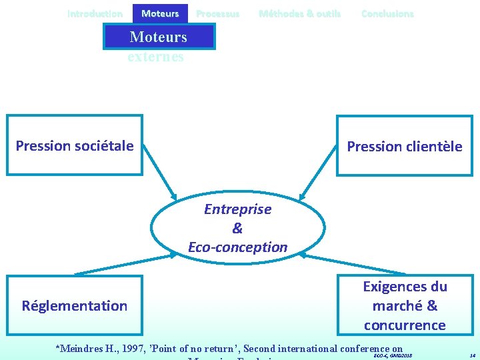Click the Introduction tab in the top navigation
(95, 13)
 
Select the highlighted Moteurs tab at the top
(160, 13)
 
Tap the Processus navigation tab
(217, 13)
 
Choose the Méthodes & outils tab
(299, 13)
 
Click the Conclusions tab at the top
(387, 13)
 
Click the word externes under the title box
(156, 57)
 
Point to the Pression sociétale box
(75, 145)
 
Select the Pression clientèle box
(404, 146)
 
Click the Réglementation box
(74, 305)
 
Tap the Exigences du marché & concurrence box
(405, 305)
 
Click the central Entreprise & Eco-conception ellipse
(237, 228)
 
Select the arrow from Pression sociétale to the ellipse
(160, 171)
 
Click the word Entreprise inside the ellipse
(237, 209)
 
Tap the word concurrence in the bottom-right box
(405, 325)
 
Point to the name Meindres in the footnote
(84, 348)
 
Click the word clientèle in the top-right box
(433, 147)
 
